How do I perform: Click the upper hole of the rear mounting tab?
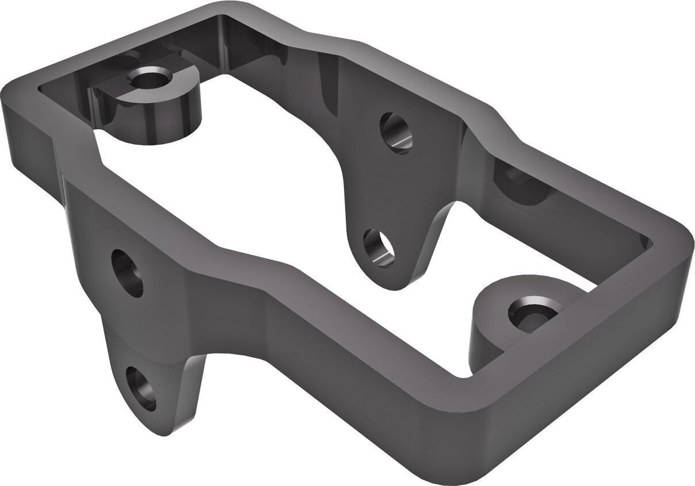[396, 131]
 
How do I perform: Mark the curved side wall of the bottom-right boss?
[486, 339]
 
